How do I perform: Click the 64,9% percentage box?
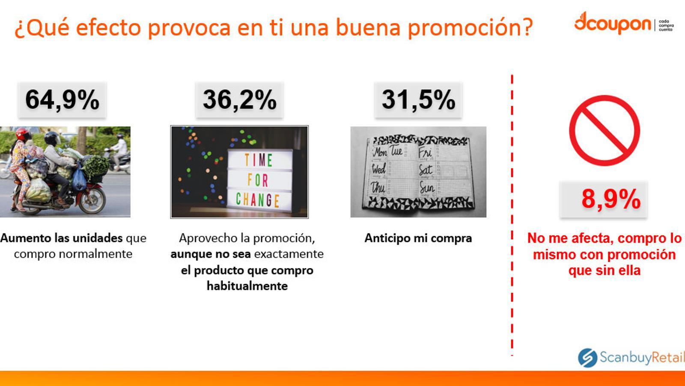[62, 100]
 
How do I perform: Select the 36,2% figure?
[239, 100]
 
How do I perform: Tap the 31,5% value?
[418, 100]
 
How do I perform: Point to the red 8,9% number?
[611, 199]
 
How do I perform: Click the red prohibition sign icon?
[605, 130]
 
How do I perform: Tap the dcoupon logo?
[624, 22]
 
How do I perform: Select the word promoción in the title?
[471, 27]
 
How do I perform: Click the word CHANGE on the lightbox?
[257, 200]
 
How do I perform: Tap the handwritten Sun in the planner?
[426, 187]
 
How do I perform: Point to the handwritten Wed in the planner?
[378, 169]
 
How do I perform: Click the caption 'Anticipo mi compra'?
[418, 238]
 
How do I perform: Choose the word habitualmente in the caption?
[247, 286]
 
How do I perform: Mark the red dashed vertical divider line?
[512, 215]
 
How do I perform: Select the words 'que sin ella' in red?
[605, 271]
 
